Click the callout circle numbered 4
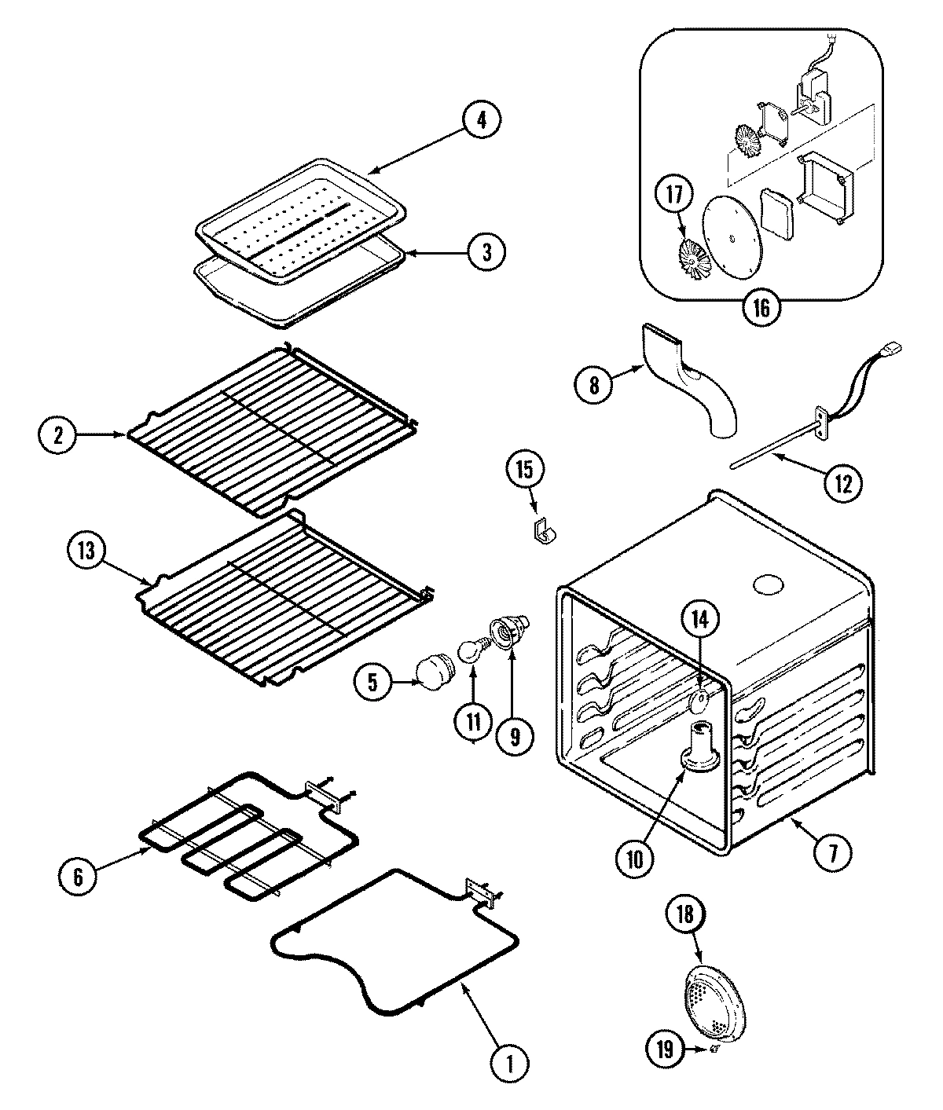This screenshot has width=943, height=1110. click(x=481, y=120)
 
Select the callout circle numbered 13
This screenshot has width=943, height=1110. click(x=86, y=551)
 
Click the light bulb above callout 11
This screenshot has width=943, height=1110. click(x=470, y=651)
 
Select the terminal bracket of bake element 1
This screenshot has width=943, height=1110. click(x=481, y=892)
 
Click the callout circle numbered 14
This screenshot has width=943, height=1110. click(x=699, y=621)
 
